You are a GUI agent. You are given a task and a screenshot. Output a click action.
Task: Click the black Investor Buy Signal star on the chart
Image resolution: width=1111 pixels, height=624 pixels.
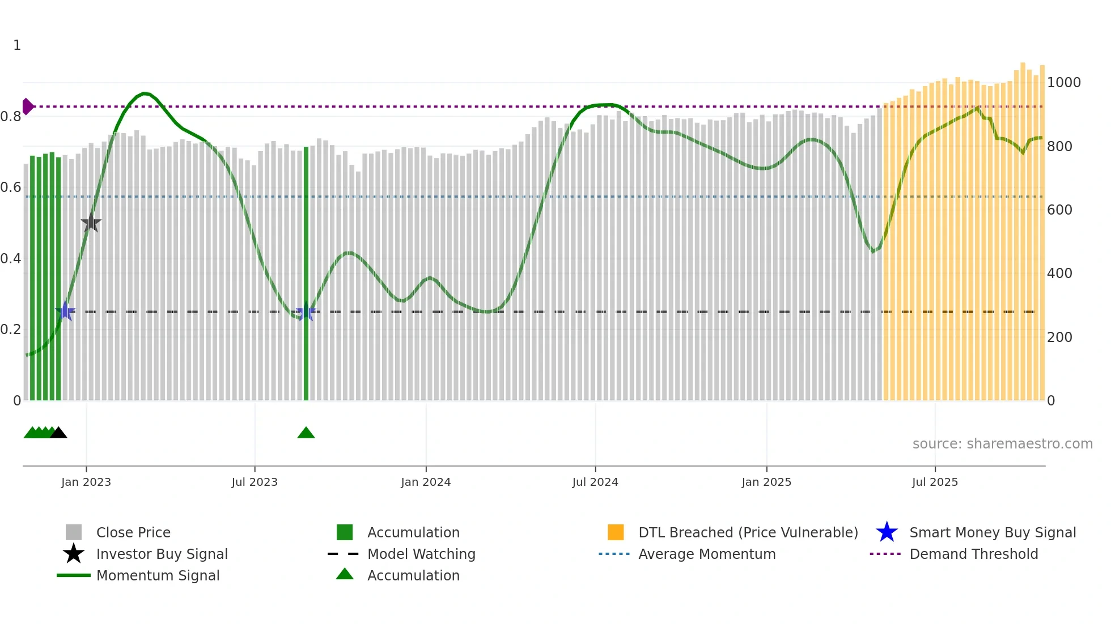point(91,223)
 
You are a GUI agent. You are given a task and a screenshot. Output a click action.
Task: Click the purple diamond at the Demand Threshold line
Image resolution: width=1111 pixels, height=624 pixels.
point(27,106)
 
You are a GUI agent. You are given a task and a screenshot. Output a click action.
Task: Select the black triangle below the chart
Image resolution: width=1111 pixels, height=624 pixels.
point(58,433)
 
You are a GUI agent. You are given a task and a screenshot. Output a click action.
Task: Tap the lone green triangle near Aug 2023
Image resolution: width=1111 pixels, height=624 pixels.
point(306,433)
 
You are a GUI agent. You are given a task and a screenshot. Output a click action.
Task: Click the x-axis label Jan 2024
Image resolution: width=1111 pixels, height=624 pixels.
point(426,482)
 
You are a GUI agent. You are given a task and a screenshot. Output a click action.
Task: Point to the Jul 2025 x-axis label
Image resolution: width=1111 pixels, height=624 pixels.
point(935,482)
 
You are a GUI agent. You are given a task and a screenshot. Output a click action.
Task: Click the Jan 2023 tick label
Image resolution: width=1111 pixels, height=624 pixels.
point(86,482)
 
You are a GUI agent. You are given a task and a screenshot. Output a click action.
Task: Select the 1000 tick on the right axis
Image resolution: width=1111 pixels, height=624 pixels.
point(1063,83)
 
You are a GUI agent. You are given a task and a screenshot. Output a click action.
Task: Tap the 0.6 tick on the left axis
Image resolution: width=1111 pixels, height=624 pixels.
point(11,187)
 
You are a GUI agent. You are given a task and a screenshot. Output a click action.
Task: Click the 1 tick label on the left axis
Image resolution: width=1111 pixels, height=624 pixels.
point(17,45)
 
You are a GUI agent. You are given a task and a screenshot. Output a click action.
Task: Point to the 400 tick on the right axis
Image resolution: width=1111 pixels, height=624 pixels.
point(1060,273)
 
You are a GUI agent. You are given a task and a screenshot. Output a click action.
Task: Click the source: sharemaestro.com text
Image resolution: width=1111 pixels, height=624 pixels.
point(1002,444)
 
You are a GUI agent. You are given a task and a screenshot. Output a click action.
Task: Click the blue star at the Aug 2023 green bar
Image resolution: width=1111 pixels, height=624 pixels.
point(306,311)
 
